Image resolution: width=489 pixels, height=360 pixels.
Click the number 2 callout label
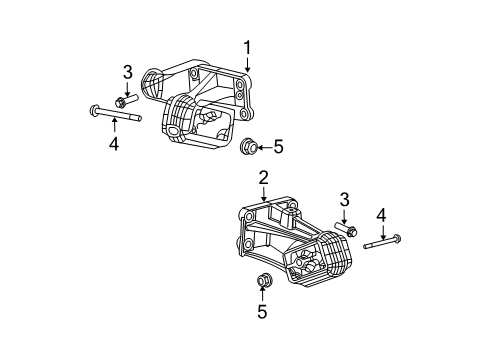pos(264,178)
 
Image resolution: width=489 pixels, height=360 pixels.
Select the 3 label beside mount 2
pos(343,201)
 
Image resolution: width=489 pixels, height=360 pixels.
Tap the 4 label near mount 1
pos(114,144)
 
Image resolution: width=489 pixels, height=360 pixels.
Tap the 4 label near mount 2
pos(380,214)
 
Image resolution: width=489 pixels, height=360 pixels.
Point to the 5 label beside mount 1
pos(278,148)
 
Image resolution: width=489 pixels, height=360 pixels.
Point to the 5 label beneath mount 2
pos(263,313)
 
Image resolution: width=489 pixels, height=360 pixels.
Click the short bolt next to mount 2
pos(344,232)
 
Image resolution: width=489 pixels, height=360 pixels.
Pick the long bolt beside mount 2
pos(383,242)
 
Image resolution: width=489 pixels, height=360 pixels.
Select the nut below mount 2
pos(265,280)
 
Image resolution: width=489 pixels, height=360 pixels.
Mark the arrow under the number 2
pos(264,195)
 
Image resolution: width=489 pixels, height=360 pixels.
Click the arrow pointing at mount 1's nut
pos(263,148)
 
